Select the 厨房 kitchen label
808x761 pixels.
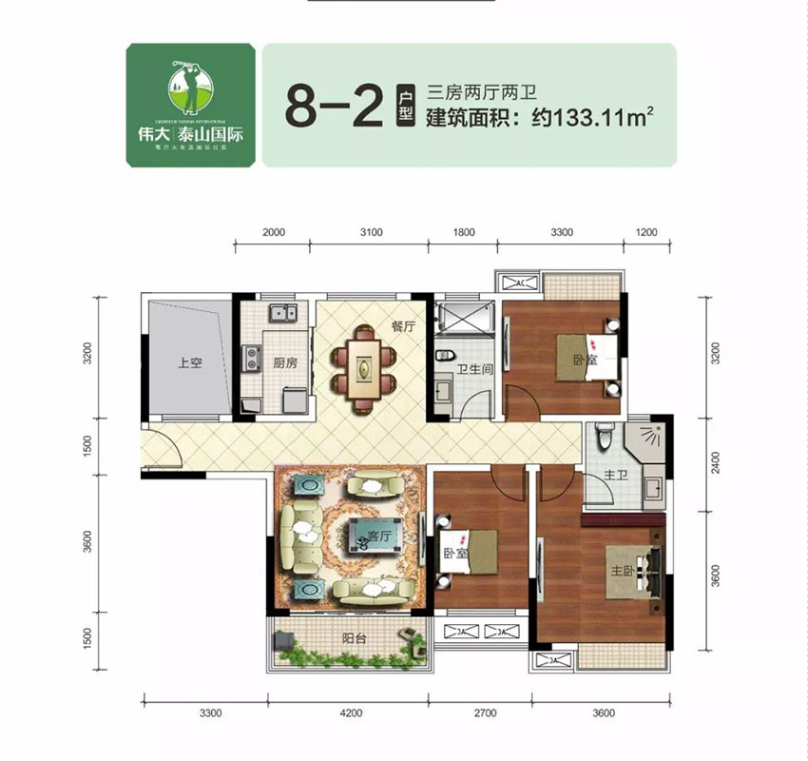pyautogui.click(x=272, y=362)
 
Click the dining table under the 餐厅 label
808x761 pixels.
pyautogui.click(x=362, y=367)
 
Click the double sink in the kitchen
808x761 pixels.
pyautogui.click(x=282, y=312)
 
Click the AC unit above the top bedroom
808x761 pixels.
pyautogui.click(x=521, y=283)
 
